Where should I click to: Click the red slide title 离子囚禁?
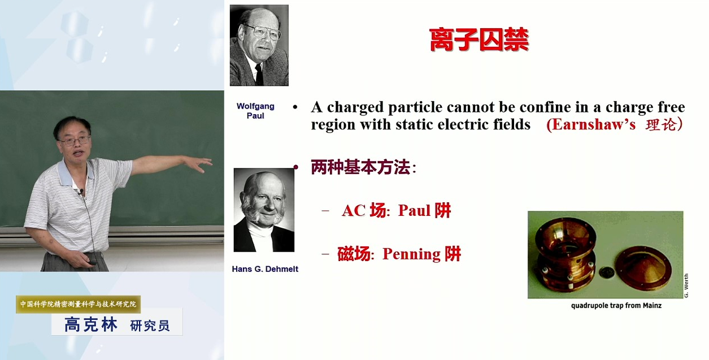pos(479,40)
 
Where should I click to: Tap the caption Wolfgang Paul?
pos(255,111)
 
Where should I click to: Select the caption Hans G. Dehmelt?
pos(265,269)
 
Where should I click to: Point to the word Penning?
pos(411,254)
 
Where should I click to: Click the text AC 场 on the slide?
pos(364,211)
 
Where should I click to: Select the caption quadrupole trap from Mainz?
pos(616,306)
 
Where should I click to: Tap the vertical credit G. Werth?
pos(686,285)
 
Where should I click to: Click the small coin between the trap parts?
pos(607,272)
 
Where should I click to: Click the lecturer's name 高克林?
pos(91,324)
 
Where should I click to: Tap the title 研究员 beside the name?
pos(150,326)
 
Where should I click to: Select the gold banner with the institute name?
pos(78,304)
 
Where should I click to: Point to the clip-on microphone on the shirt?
pos(82,192)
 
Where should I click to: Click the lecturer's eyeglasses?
pos(75,141)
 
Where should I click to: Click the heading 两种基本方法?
pos(361,167)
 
